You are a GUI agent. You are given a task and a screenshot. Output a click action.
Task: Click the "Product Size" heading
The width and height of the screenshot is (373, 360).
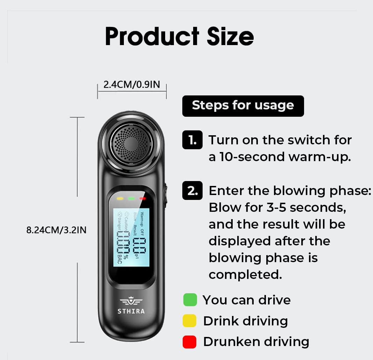coord(179,36)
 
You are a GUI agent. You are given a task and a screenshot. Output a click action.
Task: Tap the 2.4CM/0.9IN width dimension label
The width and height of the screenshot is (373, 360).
coord(132,85)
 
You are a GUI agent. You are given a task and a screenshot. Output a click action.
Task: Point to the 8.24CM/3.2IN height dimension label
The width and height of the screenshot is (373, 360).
coord(56,230)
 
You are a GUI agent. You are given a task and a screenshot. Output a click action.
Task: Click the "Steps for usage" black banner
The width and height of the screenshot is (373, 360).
coord(243,106)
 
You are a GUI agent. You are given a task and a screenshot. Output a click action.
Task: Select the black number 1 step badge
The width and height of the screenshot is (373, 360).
coord(192,140)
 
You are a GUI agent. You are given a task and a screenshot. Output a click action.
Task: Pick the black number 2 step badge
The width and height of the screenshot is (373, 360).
coord(192,191)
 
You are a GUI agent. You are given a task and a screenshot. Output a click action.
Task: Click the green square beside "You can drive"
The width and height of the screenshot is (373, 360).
coord(190,300)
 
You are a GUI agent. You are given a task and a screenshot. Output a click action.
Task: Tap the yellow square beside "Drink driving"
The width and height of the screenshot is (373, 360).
coord(189,321)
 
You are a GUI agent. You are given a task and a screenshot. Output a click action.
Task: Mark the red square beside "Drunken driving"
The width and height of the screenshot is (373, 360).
coord(189,342)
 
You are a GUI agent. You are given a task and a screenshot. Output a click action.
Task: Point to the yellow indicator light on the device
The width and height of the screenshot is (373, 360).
coord(120,199)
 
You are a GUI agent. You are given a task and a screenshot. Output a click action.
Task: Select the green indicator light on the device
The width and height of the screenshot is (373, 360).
coord(131,199)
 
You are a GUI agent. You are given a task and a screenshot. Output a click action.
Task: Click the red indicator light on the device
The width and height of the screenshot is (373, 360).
coord(142,199)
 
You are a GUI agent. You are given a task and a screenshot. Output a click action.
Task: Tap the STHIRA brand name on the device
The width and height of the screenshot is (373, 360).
coord(131,311)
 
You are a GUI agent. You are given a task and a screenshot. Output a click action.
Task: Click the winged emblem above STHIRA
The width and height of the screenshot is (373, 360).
coord(131,301)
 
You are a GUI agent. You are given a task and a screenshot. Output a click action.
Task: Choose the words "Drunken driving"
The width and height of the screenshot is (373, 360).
coord(256,342)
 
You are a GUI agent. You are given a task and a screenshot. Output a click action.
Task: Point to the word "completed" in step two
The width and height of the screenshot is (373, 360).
coord(245,275)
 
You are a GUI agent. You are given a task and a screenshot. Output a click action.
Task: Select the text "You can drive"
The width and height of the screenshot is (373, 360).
coord(246,300)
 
